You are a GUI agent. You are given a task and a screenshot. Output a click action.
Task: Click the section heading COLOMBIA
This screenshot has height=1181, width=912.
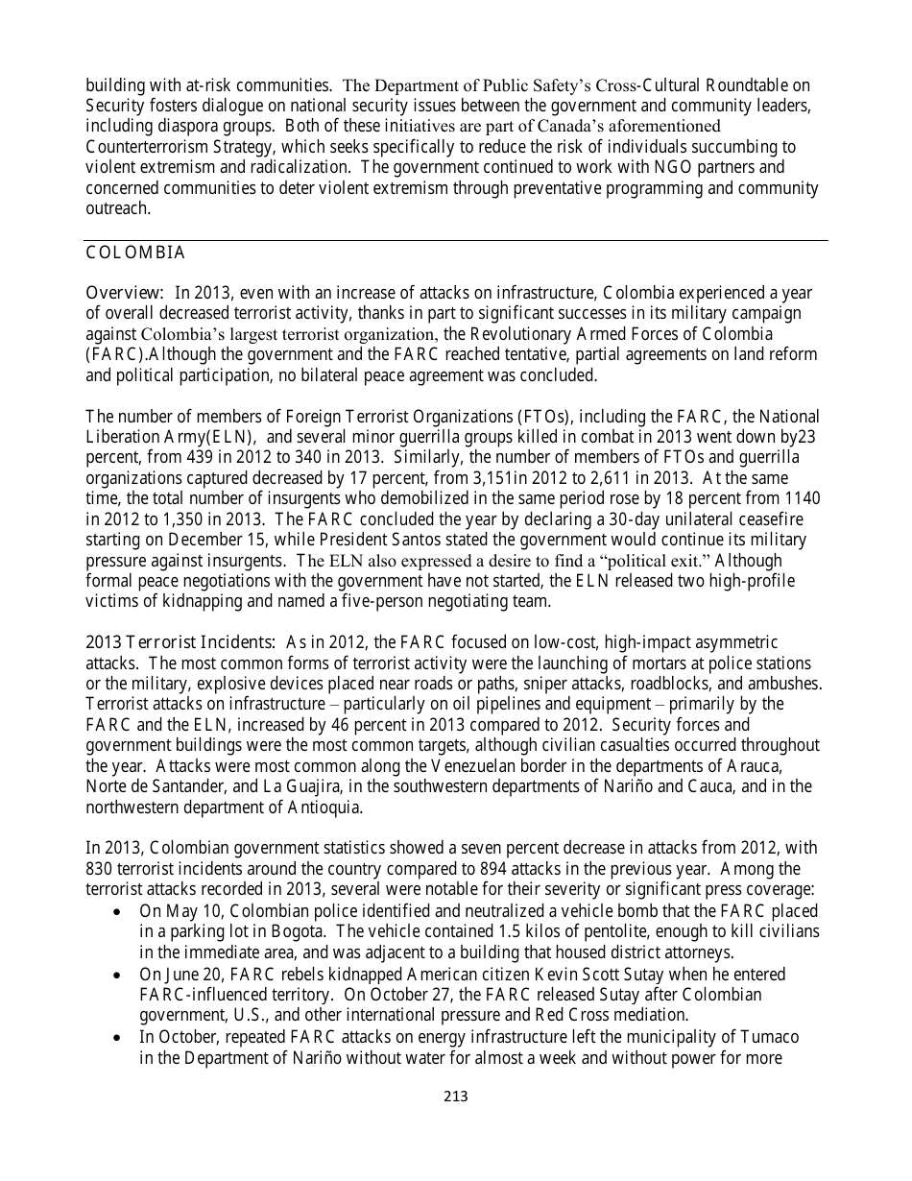(x=135, y=253)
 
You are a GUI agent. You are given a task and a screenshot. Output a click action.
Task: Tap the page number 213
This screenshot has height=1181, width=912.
(x=456, y=1096)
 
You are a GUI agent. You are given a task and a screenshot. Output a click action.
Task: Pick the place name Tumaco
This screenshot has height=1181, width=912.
(x=768, y=1037)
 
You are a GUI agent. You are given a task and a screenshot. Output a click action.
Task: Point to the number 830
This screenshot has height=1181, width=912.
(x=101, y=868)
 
